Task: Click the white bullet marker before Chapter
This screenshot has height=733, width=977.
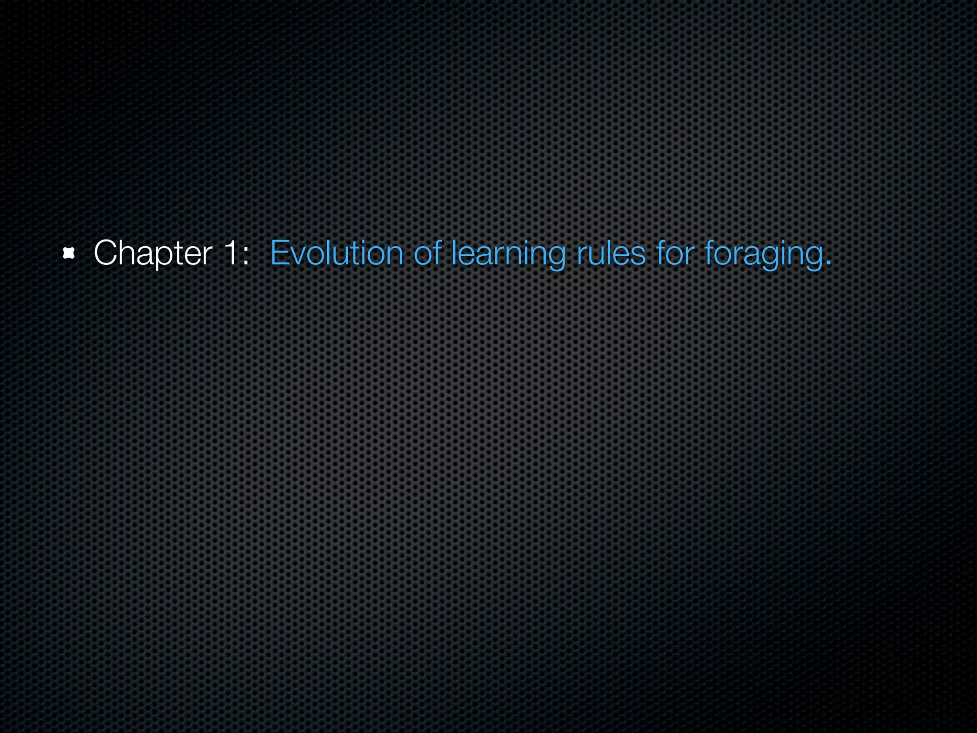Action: pos(69,253)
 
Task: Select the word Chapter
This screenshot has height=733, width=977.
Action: pos(153,253)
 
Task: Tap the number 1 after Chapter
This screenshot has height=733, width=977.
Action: pos(230,252)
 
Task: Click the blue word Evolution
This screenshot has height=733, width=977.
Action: pos(337,252)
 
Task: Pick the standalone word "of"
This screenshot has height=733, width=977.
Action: pos(427,252)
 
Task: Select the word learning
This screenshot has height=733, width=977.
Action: pos(509,253)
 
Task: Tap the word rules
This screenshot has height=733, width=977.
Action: pos(611,252)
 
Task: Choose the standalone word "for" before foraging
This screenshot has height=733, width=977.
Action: pos(675,252)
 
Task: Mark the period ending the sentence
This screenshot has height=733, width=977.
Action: pos(828,263)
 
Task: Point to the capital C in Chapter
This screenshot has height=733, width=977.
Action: pos(105,252)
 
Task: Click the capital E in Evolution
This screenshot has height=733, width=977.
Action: pos(279,252)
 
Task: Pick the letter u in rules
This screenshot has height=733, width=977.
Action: pos(600,255)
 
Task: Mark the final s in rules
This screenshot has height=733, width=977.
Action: pos(638,255)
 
